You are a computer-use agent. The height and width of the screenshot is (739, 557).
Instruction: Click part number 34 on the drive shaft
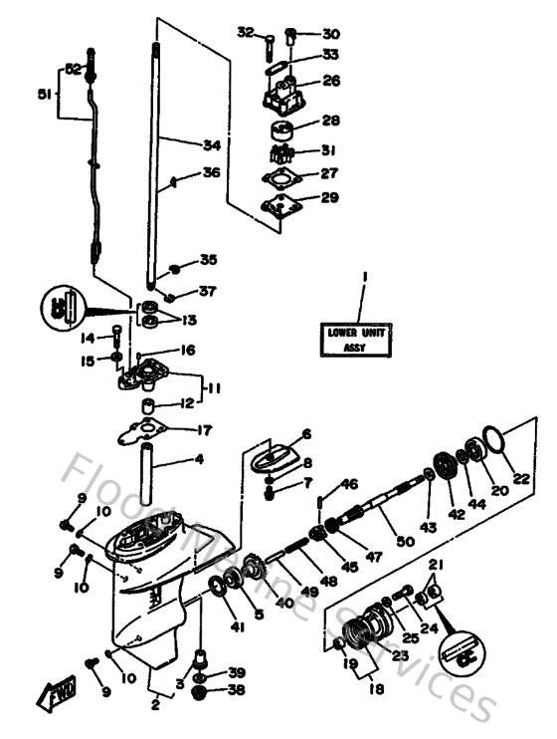click(x=210, y=145)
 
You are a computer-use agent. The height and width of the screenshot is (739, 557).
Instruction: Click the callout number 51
click(x=42, y=96)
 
